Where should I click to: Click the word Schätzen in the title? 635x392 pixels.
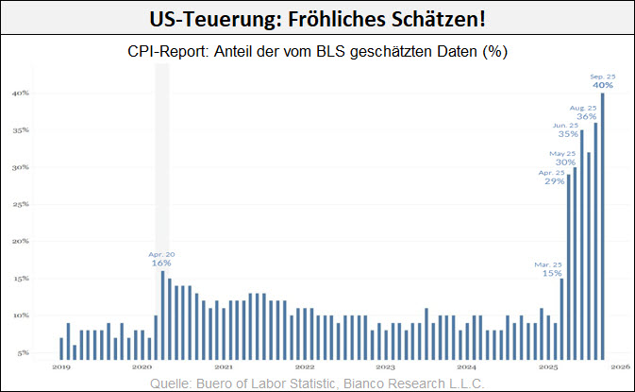(x=432, y=20)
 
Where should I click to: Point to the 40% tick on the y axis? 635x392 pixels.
(x=21, y=94)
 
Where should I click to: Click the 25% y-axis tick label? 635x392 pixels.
(x=21, y=204)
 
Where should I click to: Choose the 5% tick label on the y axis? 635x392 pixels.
(x=23, y=352)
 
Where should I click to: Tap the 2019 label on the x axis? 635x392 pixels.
(x=61, y=366)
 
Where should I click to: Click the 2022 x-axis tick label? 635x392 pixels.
(x=304, y=366)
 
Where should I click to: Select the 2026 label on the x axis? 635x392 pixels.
(x=623, y=366)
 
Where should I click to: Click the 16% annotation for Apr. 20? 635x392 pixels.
(x=161, y=264)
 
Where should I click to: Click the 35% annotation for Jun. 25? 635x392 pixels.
(x=567, y=134)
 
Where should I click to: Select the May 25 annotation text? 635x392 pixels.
(x=564, y=153)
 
